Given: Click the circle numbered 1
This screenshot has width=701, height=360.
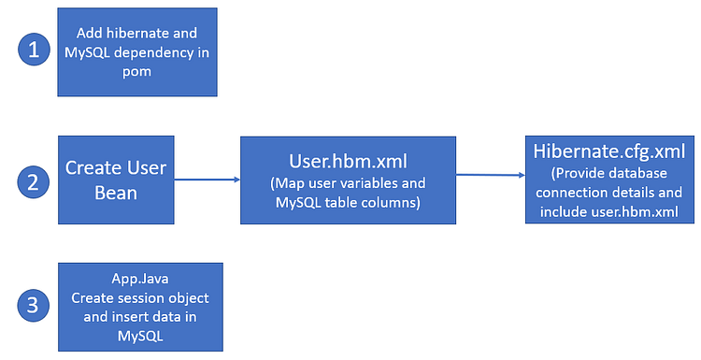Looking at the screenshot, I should [34, 50].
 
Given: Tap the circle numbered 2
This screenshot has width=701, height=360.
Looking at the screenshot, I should [34, 180].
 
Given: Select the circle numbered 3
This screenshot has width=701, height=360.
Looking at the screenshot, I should [34, 306].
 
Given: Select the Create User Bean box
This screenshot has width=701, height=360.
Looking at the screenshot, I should [116, 180].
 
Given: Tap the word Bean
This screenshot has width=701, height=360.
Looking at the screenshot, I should [116, 192].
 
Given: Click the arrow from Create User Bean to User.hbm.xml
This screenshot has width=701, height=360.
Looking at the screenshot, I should [207, 180].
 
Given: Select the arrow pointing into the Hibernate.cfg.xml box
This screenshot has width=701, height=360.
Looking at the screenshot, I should [491, 174].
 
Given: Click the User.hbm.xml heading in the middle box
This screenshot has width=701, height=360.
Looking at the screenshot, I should [347, 160].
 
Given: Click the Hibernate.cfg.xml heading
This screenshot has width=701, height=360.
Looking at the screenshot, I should [608, 151].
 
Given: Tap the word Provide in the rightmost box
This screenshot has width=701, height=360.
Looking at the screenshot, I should [581, 174].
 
